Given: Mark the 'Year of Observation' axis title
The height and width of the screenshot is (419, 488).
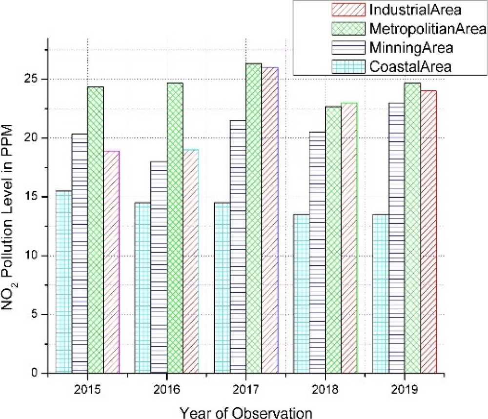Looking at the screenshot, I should [x=246, y=412].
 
